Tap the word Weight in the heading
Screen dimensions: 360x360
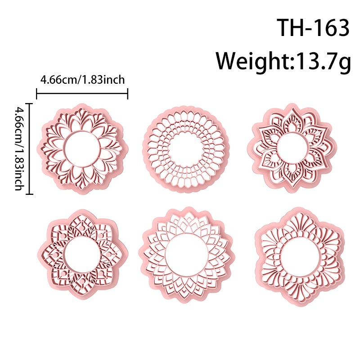(x=253, y=61)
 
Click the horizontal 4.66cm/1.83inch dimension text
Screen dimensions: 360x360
(x=82, y=80)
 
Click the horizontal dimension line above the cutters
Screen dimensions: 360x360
(x=82, y=93)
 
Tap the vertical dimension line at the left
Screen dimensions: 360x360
(x=29, y=149)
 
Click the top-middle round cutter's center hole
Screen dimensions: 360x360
(x=186, y=148)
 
